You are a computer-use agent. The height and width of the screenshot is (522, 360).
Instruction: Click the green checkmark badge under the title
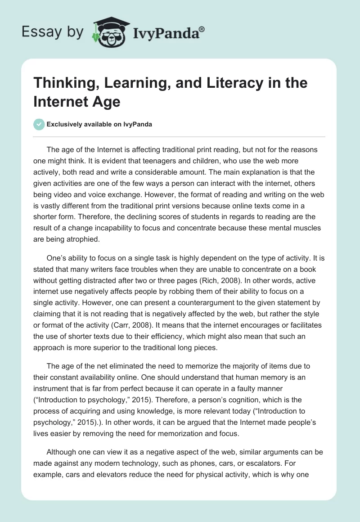coord(39,124)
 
